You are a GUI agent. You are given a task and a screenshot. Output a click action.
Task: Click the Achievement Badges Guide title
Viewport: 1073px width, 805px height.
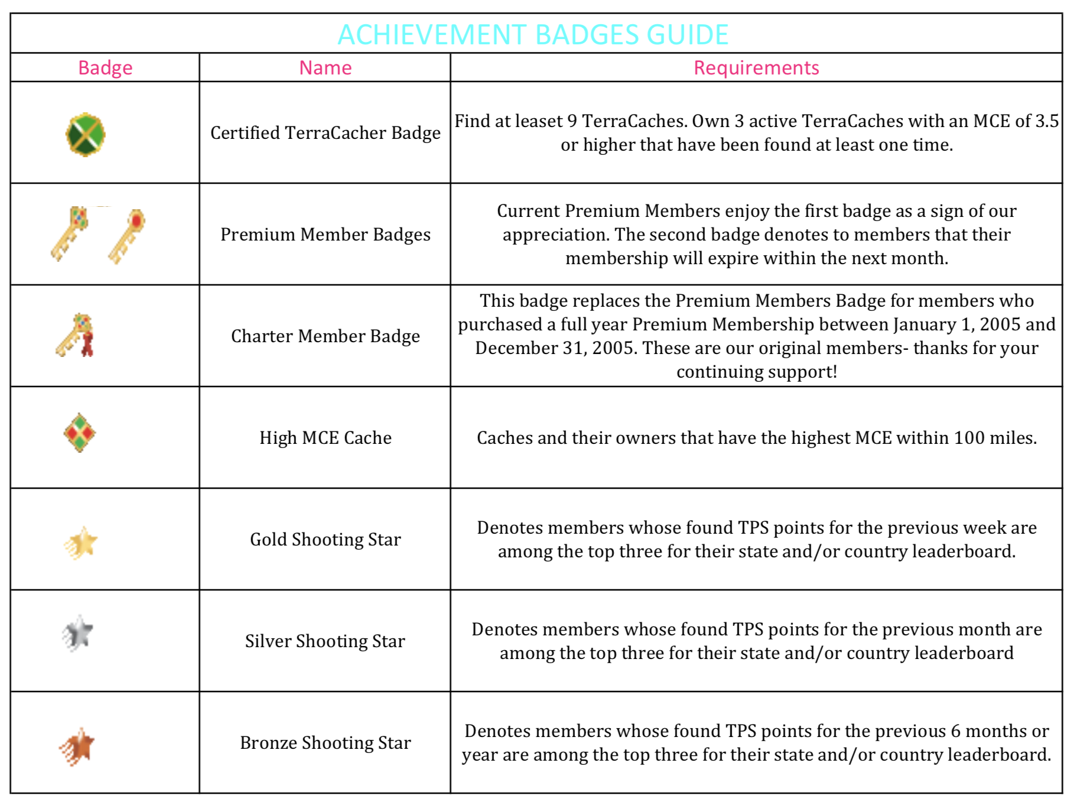click(x=533, y=34)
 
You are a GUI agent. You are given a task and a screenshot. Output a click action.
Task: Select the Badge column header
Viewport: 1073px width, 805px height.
click(x=105, y=68)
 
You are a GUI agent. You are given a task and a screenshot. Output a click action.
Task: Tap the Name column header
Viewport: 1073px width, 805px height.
click(x=325, y=68)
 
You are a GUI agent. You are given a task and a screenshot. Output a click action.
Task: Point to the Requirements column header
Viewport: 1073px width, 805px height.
click(x=756, y=68)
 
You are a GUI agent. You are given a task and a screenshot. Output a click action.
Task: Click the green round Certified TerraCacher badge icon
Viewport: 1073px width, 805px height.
click(x=85, y=134)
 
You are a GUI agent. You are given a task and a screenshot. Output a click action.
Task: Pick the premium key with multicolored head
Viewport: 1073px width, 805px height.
click(x=70, y=233)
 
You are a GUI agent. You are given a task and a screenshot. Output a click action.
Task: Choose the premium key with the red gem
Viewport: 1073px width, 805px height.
click(x=127, y=235)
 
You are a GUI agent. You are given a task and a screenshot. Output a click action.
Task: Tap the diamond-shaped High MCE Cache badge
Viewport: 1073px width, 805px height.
click(x=80, y=433)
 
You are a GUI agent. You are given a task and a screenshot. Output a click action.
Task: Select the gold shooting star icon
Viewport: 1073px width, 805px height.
click(x=81, y=543)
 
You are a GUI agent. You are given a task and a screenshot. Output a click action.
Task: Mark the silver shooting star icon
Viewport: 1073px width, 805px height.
click(x=78, y=633)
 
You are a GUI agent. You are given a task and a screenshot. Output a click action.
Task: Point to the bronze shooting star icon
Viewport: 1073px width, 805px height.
click(x=78, y=746)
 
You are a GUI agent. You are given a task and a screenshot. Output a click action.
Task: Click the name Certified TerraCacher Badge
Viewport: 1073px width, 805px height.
click(x=325, y=133)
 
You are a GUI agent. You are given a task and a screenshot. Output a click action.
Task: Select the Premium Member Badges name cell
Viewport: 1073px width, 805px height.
click(x=325, y=235)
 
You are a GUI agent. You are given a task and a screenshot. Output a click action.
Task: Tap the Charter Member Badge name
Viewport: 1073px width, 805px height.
click(x=325, y=336)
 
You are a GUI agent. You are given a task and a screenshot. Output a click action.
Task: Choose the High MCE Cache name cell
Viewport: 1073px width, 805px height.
click(x=325, y=438)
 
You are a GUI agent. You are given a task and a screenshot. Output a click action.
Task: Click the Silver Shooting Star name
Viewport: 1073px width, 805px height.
click(x=325, y=641)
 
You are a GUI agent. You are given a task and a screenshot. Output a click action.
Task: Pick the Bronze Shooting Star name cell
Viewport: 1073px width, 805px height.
click(x=325, y=743)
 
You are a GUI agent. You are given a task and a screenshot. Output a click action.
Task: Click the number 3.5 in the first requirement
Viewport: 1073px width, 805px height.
click(x=1046, y=121)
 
